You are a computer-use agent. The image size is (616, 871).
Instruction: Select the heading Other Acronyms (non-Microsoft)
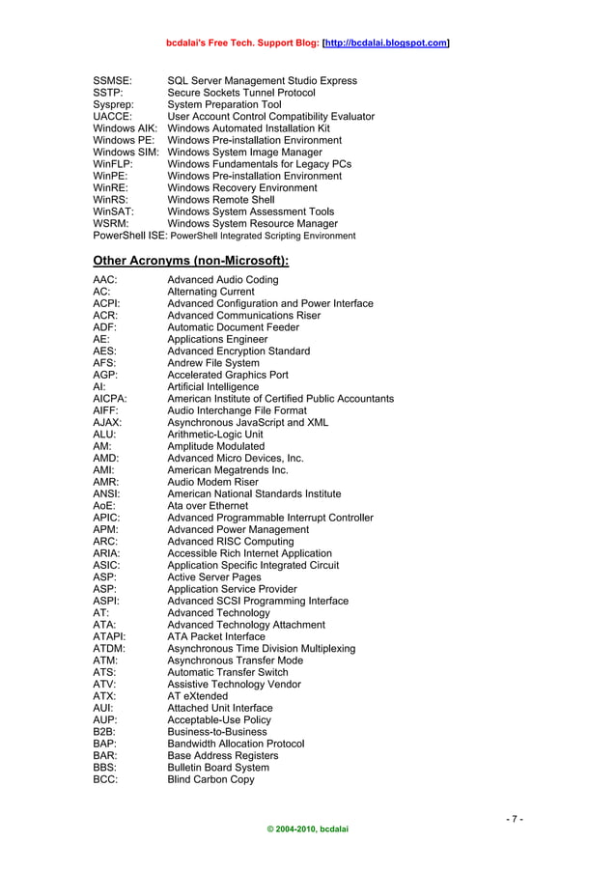point(190,261)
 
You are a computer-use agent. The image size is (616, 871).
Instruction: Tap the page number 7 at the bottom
point(515,820)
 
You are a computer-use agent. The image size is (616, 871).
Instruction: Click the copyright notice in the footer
point(307,829)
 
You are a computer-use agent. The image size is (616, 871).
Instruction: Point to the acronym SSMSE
point(112,81)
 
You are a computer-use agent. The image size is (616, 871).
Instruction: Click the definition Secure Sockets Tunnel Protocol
point(241,93)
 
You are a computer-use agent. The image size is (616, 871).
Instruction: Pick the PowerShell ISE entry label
point(130,235)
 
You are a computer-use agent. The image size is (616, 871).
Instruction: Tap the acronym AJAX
point(107,423)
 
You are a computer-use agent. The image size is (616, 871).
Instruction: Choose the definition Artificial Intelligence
point(213,387)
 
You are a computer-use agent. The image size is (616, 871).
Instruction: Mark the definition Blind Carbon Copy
point(211,779)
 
